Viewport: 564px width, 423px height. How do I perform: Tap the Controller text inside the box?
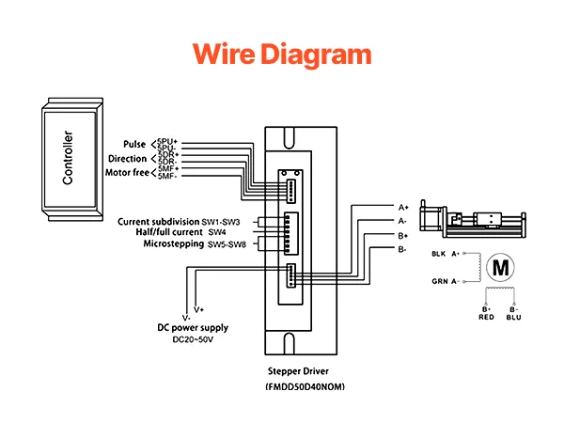68,158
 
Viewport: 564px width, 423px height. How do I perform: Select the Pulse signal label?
134,145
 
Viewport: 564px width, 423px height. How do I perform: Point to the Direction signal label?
127,159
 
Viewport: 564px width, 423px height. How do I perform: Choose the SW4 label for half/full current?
217,232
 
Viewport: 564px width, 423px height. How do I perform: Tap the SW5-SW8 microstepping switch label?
223,243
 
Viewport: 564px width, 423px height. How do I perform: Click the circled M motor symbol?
500,267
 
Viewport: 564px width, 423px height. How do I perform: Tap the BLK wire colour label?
438,254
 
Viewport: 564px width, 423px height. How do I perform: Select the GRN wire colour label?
438,280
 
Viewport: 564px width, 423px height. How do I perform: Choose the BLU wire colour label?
513,318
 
